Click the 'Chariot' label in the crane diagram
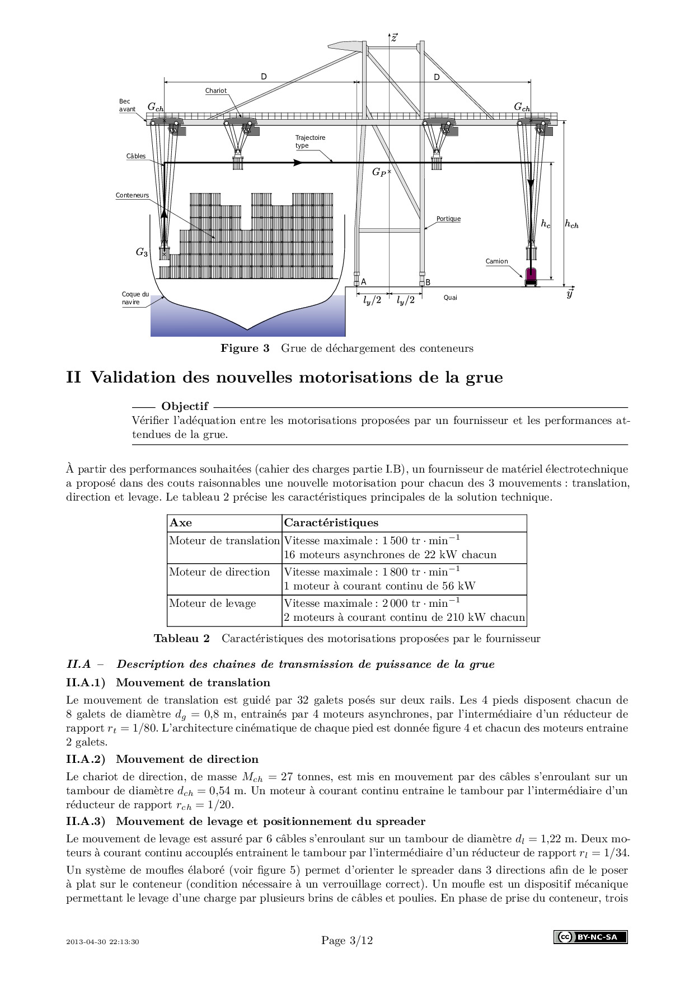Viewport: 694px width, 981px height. click(215, 91)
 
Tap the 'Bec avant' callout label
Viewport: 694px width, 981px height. click(127, 105)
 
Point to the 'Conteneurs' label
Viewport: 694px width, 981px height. click(132, 195)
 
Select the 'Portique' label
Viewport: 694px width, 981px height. click(448, 219)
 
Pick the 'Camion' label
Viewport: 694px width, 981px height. click(496, 261)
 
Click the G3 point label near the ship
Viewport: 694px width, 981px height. click(142, 252)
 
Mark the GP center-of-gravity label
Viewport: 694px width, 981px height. click(379, 173)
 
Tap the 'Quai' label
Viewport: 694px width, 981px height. click(450, 298)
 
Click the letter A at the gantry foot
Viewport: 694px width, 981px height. click(363, 282)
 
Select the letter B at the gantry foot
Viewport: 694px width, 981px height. click(428, 282)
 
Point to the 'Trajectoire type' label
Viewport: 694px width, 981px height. click(310, 142)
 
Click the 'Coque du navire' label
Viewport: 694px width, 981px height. click(135, 298)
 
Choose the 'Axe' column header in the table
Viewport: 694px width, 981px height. click(181, 523)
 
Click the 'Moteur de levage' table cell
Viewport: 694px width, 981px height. click(213, 603)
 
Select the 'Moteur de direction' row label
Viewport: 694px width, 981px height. click(219, 572)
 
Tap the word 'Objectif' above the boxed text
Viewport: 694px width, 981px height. click(185, 406)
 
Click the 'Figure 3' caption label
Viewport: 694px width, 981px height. click(245, 348)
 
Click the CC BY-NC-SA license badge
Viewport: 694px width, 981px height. click(590, 937)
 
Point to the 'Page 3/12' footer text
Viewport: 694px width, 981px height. click(347, 940)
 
